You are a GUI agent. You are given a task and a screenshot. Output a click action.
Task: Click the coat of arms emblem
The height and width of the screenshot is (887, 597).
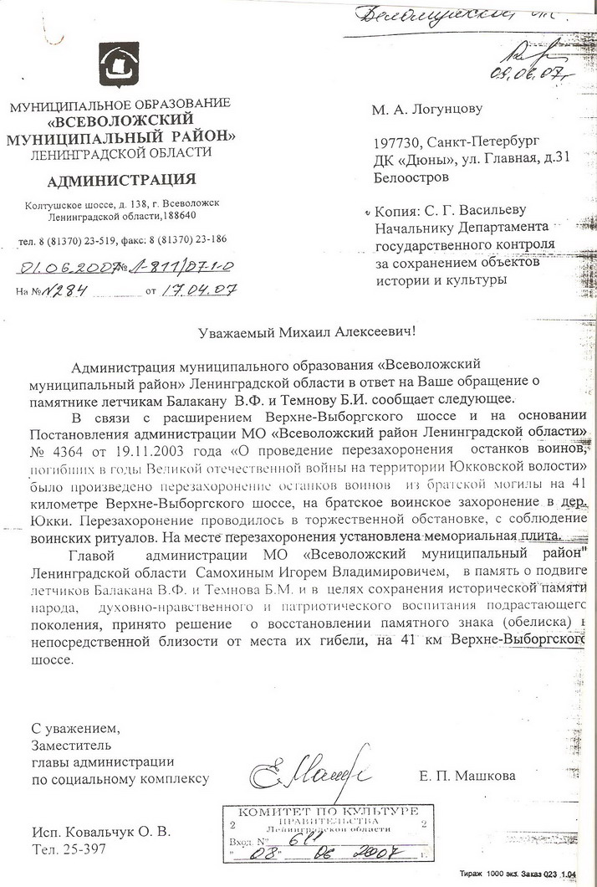click(x=117, y=67)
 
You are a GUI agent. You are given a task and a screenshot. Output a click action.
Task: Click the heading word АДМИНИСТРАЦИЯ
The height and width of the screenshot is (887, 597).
click(x=121, y=180)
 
